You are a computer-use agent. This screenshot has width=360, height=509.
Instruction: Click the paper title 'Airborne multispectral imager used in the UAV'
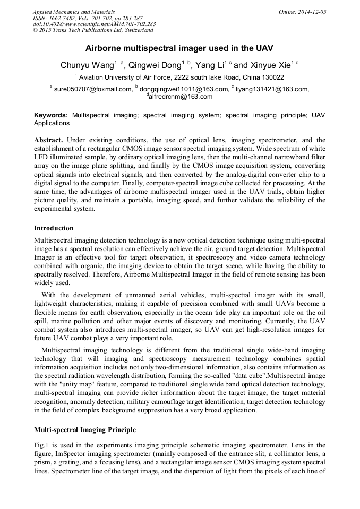(x=179, y=48)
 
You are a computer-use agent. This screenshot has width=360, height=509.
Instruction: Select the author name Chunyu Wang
(x=87, y=65)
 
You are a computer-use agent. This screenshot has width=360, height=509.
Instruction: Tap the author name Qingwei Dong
(x=154, y=65)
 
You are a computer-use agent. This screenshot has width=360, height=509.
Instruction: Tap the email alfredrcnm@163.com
(x=180, y=97)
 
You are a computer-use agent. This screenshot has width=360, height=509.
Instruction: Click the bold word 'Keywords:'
(x=51, y=115)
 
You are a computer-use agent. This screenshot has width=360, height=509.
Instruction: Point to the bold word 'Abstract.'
(x=48, y=140)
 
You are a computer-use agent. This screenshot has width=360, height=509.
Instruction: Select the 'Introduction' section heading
(x=54, y=228)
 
